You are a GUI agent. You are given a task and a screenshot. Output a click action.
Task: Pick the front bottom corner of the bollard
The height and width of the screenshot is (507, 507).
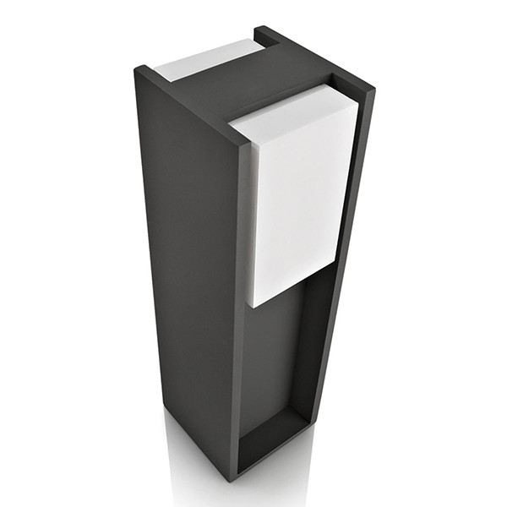[237, 473]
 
